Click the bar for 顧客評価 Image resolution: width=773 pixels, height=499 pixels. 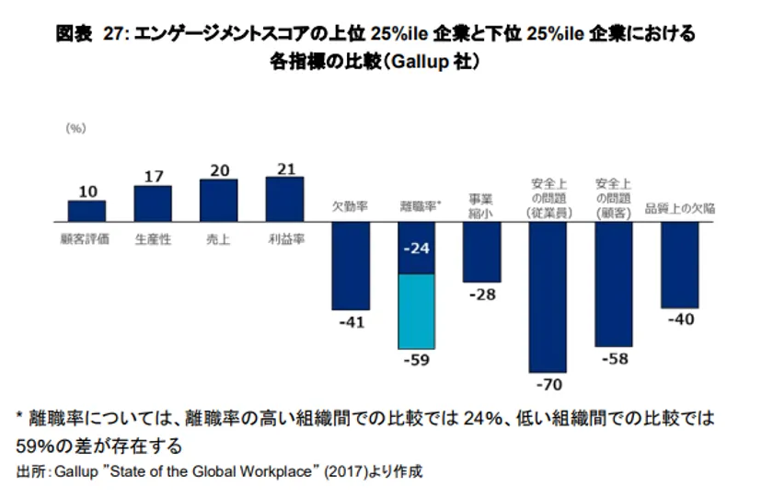coord(87,212)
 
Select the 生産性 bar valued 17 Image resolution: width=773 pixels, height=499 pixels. coord(153,204)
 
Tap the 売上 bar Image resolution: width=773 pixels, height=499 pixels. coord(219,201)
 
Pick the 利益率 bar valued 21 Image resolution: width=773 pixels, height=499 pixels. coord(284,200)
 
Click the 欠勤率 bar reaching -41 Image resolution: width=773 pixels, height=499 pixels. coord(351,266)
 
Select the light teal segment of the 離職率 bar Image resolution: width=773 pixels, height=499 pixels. coord(416,310)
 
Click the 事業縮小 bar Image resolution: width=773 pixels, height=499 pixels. coord(481,252)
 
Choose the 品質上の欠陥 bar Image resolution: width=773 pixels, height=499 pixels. coord(680,264)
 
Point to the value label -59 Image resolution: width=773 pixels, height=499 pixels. coord(417,360)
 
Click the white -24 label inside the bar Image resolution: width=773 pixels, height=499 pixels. coord(416,249)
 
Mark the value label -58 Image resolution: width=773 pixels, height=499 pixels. coord(614,357)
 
